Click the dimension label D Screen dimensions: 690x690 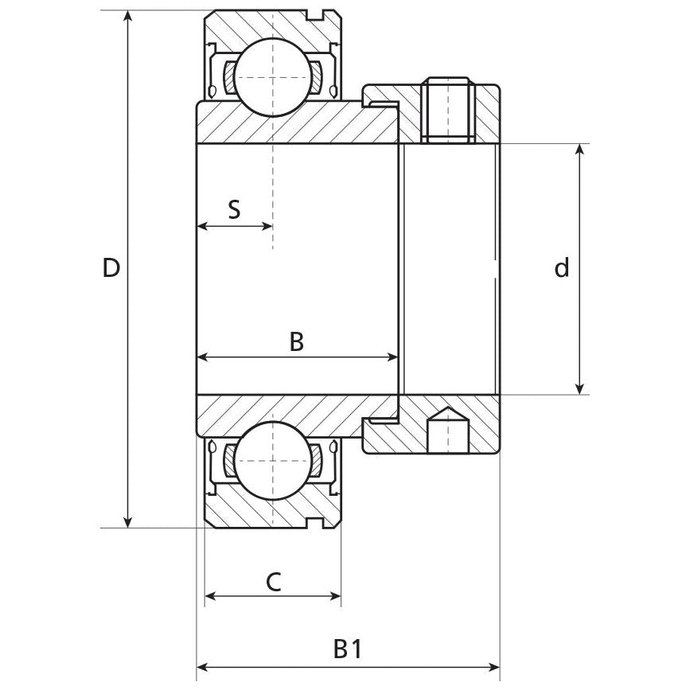[111, 268]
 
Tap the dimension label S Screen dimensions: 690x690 [234, 209]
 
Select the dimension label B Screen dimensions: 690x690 [296, 342]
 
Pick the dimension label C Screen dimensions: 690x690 [272, 582]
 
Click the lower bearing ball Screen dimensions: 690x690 [272, 461]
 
